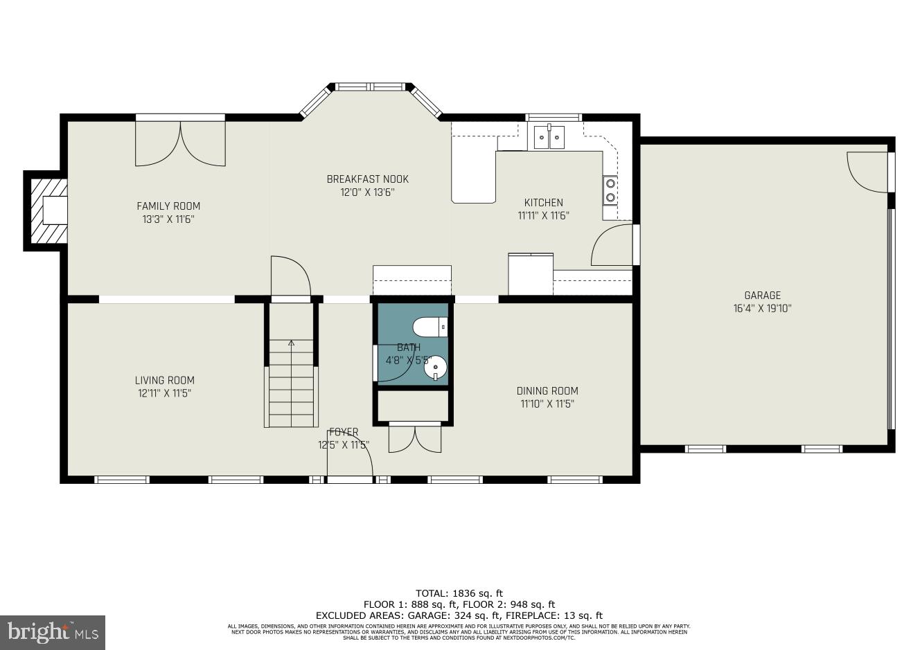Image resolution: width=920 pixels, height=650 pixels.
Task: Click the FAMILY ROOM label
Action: [168, 206]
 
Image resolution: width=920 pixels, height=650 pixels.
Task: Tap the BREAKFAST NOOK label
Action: [367, 179]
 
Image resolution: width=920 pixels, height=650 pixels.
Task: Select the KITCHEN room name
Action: [543, 202]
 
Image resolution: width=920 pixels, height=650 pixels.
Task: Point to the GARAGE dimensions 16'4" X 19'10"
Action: [762, 309]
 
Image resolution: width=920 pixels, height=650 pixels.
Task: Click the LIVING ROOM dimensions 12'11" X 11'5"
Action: [164, 393]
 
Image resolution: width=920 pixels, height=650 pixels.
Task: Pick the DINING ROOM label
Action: [547, 390]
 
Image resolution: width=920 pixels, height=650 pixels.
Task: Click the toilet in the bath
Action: [430, 326]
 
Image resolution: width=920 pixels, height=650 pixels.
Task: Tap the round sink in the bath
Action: [435, 367]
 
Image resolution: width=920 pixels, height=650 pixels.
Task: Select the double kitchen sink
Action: [548, 138]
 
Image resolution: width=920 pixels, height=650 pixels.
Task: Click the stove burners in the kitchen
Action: [610, 190]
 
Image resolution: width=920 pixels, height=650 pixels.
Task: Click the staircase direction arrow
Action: [291, 343]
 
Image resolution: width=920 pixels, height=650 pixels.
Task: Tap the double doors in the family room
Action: [180, 144]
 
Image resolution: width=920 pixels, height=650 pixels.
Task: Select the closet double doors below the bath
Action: [414, 437]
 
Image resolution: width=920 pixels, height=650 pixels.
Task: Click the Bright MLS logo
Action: [53, 632]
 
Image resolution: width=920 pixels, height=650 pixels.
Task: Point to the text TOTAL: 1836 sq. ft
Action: [459, 593]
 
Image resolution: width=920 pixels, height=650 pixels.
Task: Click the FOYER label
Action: [344, 432]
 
